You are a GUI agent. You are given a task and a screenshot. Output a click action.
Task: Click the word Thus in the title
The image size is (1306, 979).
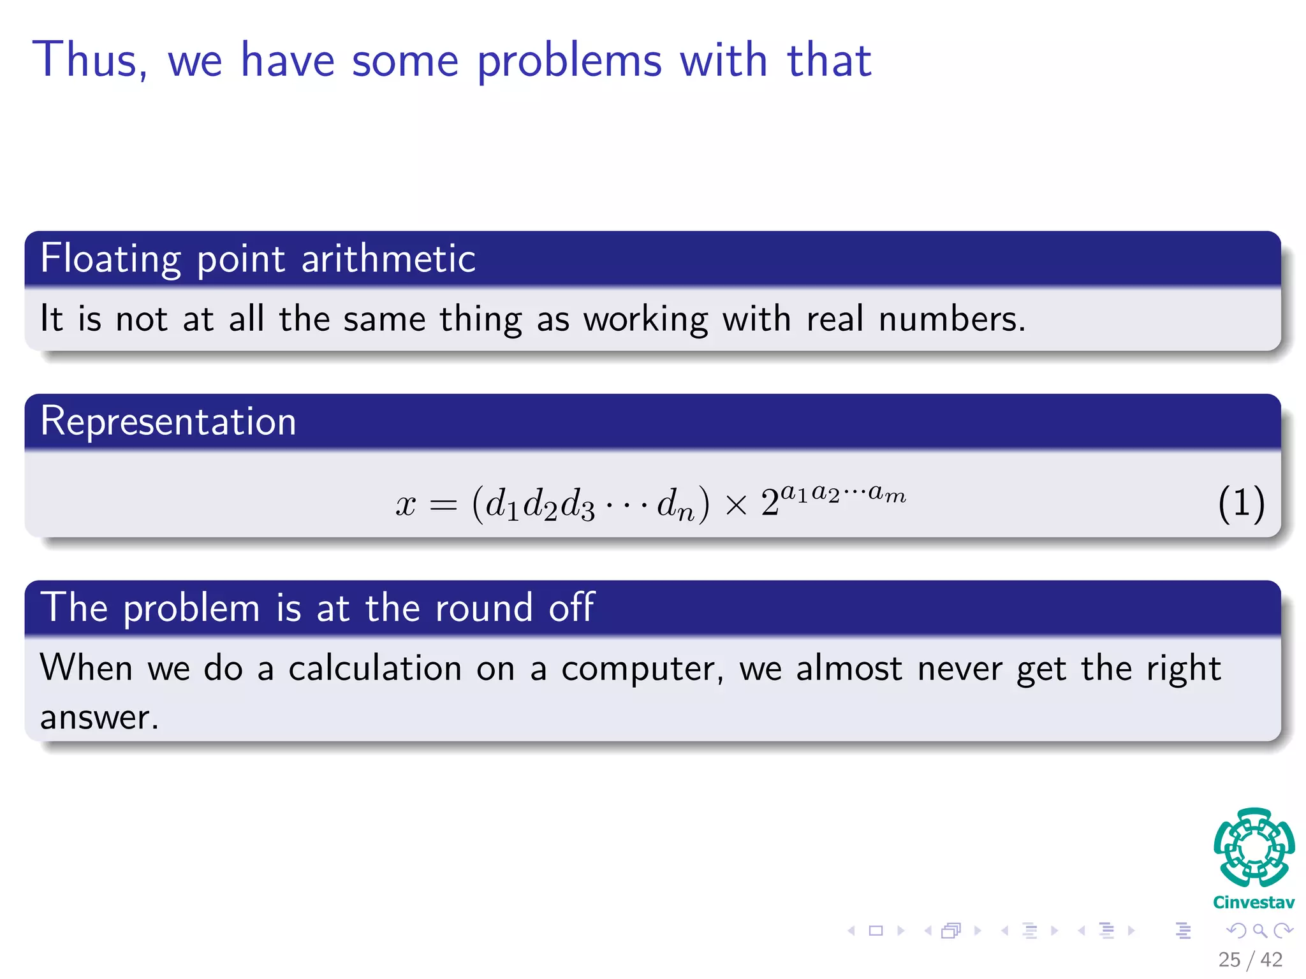click(x=89, y=60)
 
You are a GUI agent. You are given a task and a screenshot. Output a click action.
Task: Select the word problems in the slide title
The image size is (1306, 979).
click(x=569, y=62)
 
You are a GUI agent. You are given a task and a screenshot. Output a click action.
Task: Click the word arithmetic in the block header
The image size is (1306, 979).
click(x=388, y=259)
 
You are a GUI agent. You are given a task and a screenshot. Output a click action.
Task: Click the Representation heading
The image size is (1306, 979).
click(x=168, y=421)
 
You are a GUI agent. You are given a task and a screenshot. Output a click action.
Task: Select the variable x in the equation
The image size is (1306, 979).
click(x=406, y=505)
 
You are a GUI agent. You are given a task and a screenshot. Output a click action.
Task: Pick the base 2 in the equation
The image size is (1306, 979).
click(x=770, y=504)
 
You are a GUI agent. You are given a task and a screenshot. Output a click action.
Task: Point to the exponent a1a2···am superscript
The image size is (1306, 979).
click(x=842, y=493)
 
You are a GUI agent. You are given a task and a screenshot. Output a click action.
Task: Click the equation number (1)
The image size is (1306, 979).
click(x=1240, y=504)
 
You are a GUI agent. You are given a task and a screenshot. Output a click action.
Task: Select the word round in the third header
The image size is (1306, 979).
click(x=483, y=608)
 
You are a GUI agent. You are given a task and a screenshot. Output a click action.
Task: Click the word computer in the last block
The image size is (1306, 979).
click(x=642, y=669)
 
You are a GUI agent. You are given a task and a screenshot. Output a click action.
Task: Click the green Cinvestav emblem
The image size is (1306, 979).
click(x=1254, y=848)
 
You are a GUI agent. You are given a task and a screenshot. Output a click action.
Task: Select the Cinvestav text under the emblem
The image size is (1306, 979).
click(x=1254, y=903)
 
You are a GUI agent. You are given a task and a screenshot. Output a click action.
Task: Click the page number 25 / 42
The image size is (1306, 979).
click(x=1250, y=959)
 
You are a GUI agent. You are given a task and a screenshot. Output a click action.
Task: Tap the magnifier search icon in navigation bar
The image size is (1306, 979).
click(x=1259, y=931)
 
